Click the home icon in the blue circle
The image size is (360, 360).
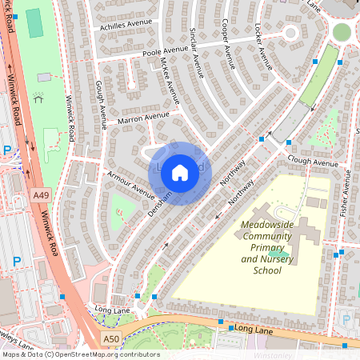180,172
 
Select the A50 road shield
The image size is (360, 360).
111,339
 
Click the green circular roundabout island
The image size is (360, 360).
342,32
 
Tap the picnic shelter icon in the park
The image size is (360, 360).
38,100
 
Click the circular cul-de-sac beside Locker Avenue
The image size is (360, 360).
289,33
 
